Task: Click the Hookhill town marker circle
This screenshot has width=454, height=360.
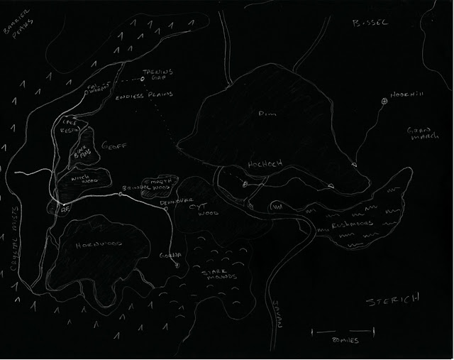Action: click(x=384, y=102)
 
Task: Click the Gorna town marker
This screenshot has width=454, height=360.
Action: click(x=177, y=266)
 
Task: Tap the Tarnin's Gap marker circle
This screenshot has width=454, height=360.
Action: click(x=142, y=79)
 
